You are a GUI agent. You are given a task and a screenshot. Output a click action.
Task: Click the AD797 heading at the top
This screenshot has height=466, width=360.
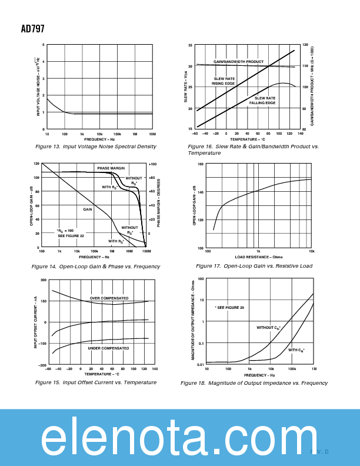(x=32, y=28)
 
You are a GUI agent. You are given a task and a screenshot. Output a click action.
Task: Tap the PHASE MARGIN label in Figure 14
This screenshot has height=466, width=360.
(x=111, y=168)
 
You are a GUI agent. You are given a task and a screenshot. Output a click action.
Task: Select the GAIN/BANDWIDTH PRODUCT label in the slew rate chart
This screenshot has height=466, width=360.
(x=238, y=62)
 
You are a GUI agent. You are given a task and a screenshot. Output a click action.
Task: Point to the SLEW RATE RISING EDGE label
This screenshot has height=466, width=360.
(x=224, y=81)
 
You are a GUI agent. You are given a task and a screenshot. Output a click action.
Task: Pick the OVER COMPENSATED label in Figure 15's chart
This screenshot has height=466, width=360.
(x=109, y=298)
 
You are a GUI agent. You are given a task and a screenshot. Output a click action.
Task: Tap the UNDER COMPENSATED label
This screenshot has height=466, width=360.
(x=108, y=348)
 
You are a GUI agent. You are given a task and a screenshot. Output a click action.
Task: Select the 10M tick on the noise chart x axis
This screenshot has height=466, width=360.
(x=152, y=134)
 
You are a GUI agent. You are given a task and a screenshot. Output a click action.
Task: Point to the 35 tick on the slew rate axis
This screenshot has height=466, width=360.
(x=190, y=45)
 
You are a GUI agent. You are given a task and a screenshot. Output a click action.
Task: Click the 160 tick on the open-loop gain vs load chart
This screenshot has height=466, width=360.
(x=200, y=164)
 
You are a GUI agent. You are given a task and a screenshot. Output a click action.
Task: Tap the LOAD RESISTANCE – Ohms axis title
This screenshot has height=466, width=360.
(x=259, y=257)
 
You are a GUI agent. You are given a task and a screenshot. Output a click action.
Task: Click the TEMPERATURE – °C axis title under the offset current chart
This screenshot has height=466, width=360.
(x=101, y=374)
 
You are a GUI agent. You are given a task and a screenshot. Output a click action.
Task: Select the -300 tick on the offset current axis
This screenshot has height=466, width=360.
(x=42, y=365)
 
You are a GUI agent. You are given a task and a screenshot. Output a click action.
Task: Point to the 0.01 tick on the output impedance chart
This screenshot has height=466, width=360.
(x=201, y=365)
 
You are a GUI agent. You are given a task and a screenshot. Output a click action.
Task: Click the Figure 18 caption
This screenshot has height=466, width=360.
(x=254, y=383)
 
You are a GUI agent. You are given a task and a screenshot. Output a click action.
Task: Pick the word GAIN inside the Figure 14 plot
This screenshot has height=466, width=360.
(x=87, y=209)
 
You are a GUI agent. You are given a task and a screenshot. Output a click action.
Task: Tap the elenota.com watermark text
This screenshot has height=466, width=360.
(x=179, y=438)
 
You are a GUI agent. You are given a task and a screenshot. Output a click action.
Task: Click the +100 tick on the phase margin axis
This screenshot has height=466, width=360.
(x=152, y=164)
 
